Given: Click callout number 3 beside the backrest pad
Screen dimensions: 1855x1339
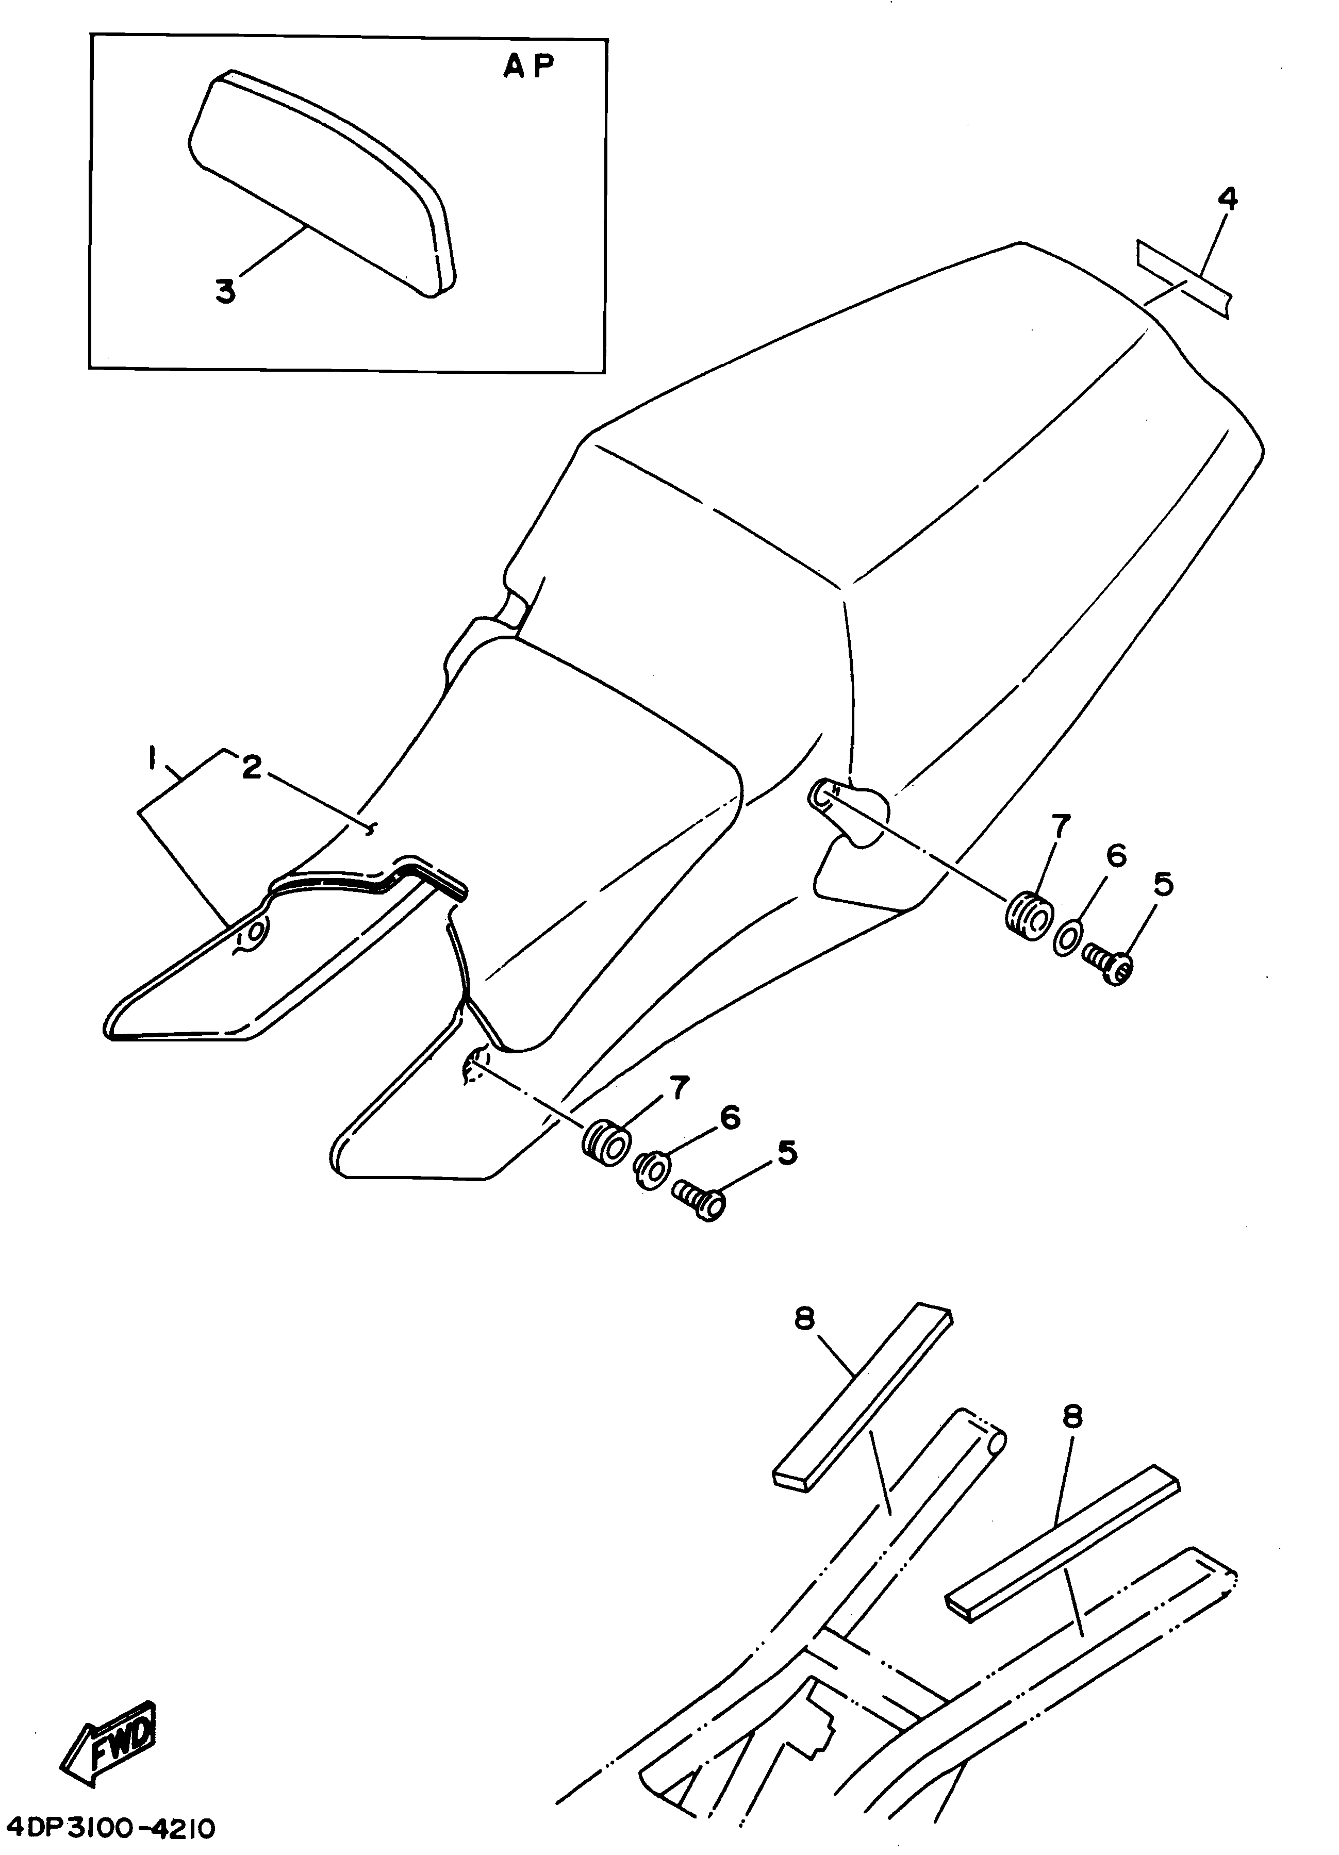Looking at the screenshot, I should (226, 290).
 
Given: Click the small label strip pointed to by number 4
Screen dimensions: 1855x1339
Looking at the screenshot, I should (1183, 280).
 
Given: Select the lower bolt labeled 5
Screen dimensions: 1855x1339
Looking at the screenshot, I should (699, 1201).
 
